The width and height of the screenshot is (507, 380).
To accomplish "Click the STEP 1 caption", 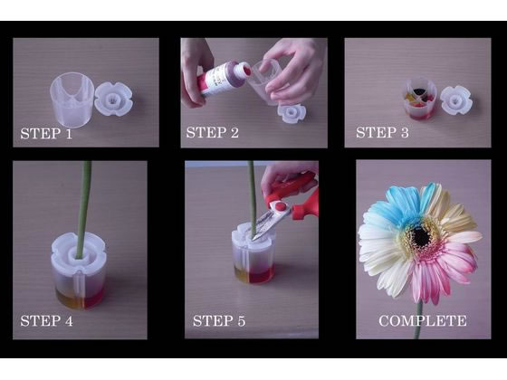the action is point(46,134).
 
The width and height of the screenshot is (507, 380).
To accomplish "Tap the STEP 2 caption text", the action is point(213,132).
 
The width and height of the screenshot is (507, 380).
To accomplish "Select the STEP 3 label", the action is point(382,132).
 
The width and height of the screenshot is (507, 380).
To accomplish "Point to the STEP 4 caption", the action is point(46,321).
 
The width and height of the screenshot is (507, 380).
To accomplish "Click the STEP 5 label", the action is point(219,321).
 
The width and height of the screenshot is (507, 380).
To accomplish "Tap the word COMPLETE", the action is point(423,321).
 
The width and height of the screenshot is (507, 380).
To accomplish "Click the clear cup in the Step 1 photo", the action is point(72,100).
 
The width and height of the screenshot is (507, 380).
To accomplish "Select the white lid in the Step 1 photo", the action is point(114,100).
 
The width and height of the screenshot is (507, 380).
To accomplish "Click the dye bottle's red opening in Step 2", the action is point(247,71).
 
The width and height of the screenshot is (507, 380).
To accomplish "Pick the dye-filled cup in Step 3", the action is point(419,99).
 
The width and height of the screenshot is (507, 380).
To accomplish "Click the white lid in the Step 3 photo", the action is point(456,100).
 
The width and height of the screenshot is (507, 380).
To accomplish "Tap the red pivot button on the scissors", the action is point(280,206).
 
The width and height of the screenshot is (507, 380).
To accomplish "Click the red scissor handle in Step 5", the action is point(299,195).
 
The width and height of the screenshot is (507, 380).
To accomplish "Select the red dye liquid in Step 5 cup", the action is point(261,274).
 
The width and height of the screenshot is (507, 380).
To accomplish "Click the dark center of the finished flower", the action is point(421,237).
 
